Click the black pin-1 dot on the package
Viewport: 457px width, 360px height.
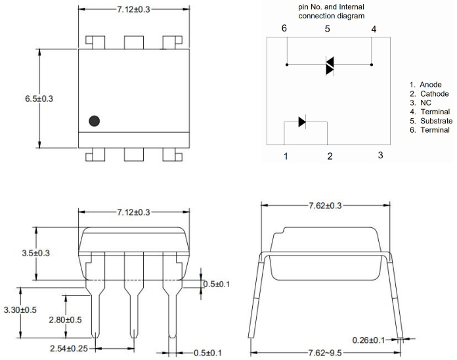click(95, 121)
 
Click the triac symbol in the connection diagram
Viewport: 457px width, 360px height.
click(330, 65)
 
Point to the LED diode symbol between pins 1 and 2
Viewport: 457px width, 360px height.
click(302, 122)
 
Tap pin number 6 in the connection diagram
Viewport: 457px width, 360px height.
click(284, 29)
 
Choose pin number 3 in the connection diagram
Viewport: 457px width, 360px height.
click(380, 155)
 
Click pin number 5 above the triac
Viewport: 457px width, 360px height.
click(328, 29)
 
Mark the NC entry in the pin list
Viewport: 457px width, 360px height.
click(425, 103)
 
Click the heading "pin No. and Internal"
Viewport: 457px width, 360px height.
click(332, 6)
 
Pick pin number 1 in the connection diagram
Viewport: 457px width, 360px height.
click(286, 156)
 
